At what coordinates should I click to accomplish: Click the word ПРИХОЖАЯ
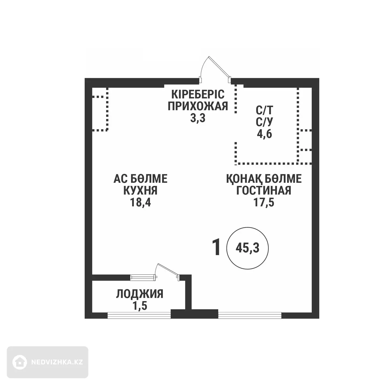[198, 106]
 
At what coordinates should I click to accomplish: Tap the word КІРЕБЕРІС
[198, 94]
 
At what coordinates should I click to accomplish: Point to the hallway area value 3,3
[198, 118]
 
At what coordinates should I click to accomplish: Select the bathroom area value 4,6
[264, 134]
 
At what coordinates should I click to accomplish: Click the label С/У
[264, 122]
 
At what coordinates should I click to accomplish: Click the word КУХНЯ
[140, 190]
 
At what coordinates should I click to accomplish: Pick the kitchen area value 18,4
[140, 202]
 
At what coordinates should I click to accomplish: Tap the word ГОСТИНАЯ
[264, 190]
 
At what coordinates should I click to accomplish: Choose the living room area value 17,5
[264, 202]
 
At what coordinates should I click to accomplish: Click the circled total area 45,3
[247, 248]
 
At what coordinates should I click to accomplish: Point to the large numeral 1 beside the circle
[216, 248]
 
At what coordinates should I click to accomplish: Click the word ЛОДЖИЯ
[140, 294]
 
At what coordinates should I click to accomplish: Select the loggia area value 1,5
[140, 306]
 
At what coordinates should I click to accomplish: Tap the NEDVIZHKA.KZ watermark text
[57, 362]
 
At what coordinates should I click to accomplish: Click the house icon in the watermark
[19, 362]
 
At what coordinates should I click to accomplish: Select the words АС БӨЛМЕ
[140, 179]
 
